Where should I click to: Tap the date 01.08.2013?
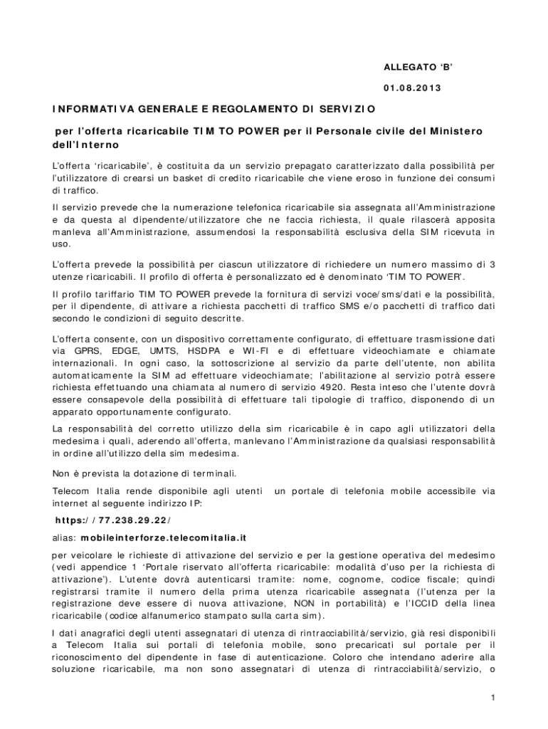(x=412, y=88)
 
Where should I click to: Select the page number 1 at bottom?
(x=492, y=698)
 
